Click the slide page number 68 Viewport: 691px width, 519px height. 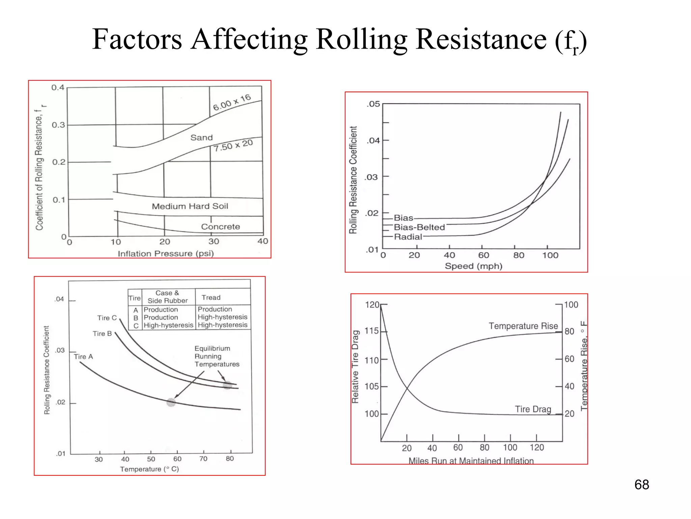click(641, 485)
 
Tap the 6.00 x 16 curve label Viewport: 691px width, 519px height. click(232, 102)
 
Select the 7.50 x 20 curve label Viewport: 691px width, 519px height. click(233, 145)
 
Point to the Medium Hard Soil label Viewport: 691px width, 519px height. click(190, 206)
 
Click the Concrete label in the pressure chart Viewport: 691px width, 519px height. click(220, 227)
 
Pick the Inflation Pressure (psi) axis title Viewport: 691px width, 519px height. click(166, 253)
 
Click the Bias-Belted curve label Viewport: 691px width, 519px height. click(419, 227)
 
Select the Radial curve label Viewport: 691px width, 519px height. click(408, 237)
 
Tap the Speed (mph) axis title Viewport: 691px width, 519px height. click(473, 266)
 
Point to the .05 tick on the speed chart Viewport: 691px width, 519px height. click(373, 104)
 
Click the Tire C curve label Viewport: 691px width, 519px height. click(107, 318)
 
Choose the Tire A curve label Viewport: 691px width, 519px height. click(83, 356)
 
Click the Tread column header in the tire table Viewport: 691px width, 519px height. click(211, 298)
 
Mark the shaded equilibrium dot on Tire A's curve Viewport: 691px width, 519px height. click(171, 402)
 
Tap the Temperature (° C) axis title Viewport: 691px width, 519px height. click(149, 469)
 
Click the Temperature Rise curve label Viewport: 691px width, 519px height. click(523, 326)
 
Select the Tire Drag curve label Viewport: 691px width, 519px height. click(533, 409)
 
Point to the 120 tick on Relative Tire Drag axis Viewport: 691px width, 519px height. click(372, 305)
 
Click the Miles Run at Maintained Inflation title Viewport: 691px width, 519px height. click(471, 461)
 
